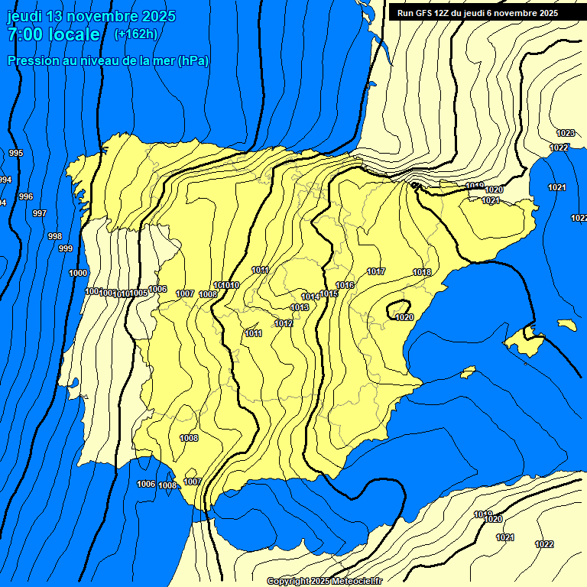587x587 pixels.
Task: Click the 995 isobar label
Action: [16, 154]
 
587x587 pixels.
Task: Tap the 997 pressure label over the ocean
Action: [40, 213]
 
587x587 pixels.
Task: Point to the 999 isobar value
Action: [66, 248]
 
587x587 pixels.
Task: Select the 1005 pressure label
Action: [139, 293]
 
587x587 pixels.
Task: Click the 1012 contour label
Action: [284, 323]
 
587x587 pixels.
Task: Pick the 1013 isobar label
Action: [300, 307]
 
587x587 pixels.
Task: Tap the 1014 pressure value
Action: [310, 297]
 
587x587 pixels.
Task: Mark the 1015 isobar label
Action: [329, 293]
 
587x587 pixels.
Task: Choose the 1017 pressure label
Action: [376, 271]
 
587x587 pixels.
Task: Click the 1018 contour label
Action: [422, 272]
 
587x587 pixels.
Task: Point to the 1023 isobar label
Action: [566, 133]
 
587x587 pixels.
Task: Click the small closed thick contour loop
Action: [400, 310]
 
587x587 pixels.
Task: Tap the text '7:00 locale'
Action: [54, 34]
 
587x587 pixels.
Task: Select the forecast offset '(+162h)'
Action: [135, 34]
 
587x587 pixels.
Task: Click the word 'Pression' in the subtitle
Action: [31, 60]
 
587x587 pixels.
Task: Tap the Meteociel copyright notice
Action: [325, 581]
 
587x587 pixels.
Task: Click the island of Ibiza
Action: [468, 371]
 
